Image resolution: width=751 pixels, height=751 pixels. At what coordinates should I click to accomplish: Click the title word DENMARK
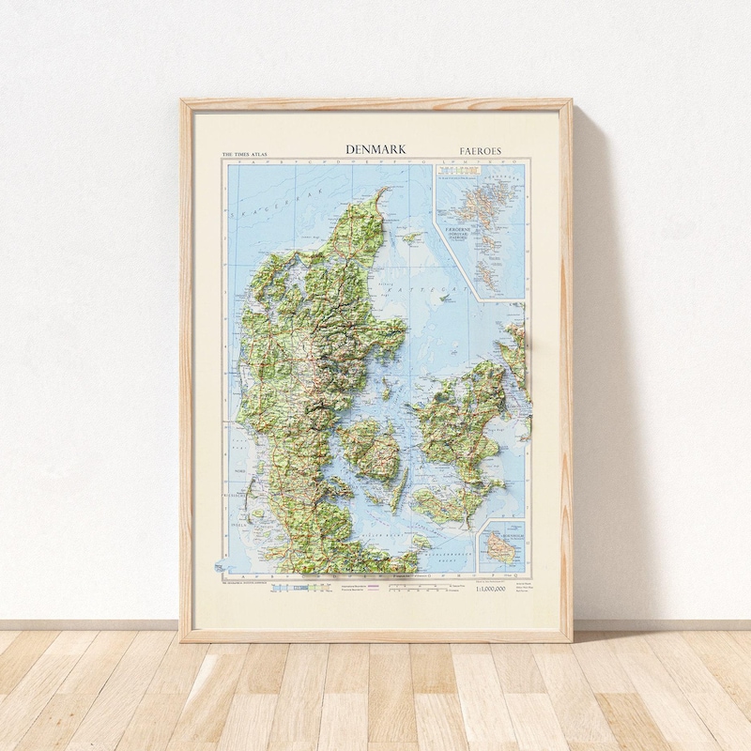pos(375,149)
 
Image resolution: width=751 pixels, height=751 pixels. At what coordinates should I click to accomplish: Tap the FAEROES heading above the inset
pos(481,150)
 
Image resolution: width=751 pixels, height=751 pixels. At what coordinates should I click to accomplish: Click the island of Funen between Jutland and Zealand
pos(371,449)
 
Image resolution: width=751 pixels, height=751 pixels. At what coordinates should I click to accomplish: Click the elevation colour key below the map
pos(300,589)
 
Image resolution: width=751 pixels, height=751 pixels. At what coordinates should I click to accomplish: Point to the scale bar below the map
pos(419,589)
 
